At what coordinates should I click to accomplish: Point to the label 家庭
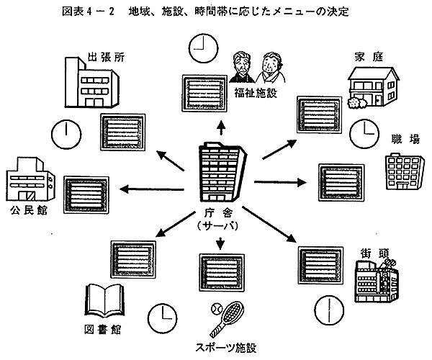[367, 56]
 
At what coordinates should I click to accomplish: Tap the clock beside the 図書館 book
[163, 315]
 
